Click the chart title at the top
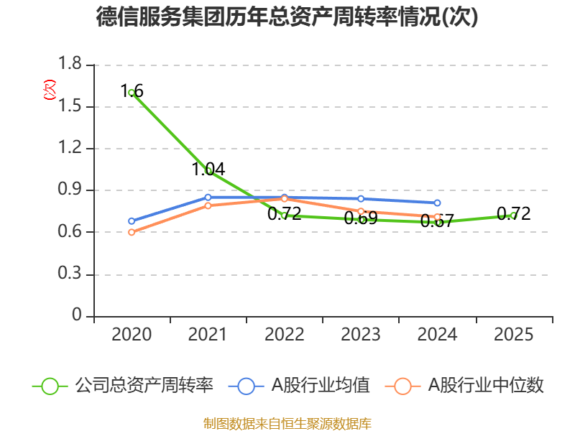[287, 17]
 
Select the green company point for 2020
[132, 93]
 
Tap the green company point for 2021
[208, 170]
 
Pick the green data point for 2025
[513, 215]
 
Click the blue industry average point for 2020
[132, 221]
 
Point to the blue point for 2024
[437, 203]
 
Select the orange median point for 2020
[132, 232]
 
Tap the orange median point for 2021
[208, 205]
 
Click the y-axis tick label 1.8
[70, 65]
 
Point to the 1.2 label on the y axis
[70, 149]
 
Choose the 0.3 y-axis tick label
[70, 275]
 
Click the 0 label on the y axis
[78, 317]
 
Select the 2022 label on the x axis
[285, 335]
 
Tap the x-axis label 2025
[514, 335]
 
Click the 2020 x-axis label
[132, 335]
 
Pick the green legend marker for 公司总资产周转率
[50, 386]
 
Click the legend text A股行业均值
[320, 386]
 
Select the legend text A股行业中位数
[486, 386]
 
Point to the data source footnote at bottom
[287, 423]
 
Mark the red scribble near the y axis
[49, 90]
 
